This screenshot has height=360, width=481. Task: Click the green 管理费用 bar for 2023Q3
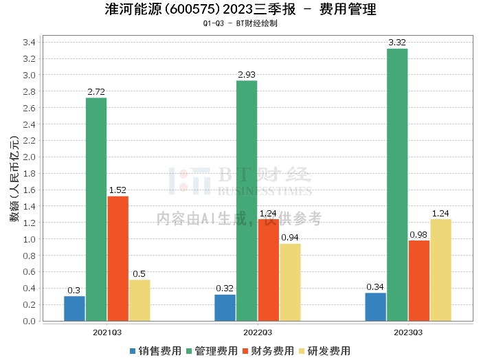[397, 185]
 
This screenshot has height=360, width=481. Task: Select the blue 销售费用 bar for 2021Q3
[74, 308]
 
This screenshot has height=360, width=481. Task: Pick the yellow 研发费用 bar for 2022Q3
[290, 282]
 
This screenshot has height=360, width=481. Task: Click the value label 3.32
[397, 43]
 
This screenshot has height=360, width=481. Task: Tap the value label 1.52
[118, 190]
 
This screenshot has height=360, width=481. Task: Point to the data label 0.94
[290, 238]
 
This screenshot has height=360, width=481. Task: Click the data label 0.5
[139, 274]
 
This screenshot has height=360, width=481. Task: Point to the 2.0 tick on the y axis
[28, 157]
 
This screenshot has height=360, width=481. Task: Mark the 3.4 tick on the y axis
[28, 43]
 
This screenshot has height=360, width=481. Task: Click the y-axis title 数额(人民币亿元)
[13, 182]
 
